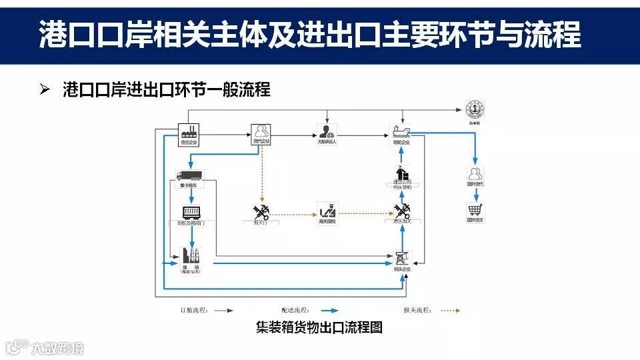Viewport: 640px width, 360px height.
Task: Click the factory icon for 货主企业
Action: point(189,131)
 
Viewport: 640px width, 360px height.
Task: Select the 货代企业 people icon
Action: point(261,131)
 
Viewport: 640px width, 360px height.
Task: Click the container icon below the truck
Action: point(193,213)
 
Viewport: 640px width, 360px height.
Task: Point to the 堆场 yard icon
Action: point(190,257)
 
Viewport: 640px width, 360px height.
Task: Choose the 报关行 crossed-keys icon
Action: point(260,211)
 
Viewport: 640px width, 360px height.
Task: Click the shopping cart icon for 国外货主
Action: point(475,210)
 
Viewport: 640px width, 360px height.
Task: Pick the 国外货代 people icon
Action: point(475,175)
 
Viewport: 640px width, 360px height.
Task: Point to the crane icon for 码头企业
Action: point(402,257)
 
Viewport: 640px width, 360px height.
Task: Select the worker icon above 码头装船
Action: point(402,173)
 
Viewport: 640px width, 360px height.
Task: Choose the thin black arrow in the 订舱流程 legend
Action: point(223,310)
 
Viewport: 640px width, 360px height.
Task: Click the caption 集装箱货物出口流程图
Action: point(319,328)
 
